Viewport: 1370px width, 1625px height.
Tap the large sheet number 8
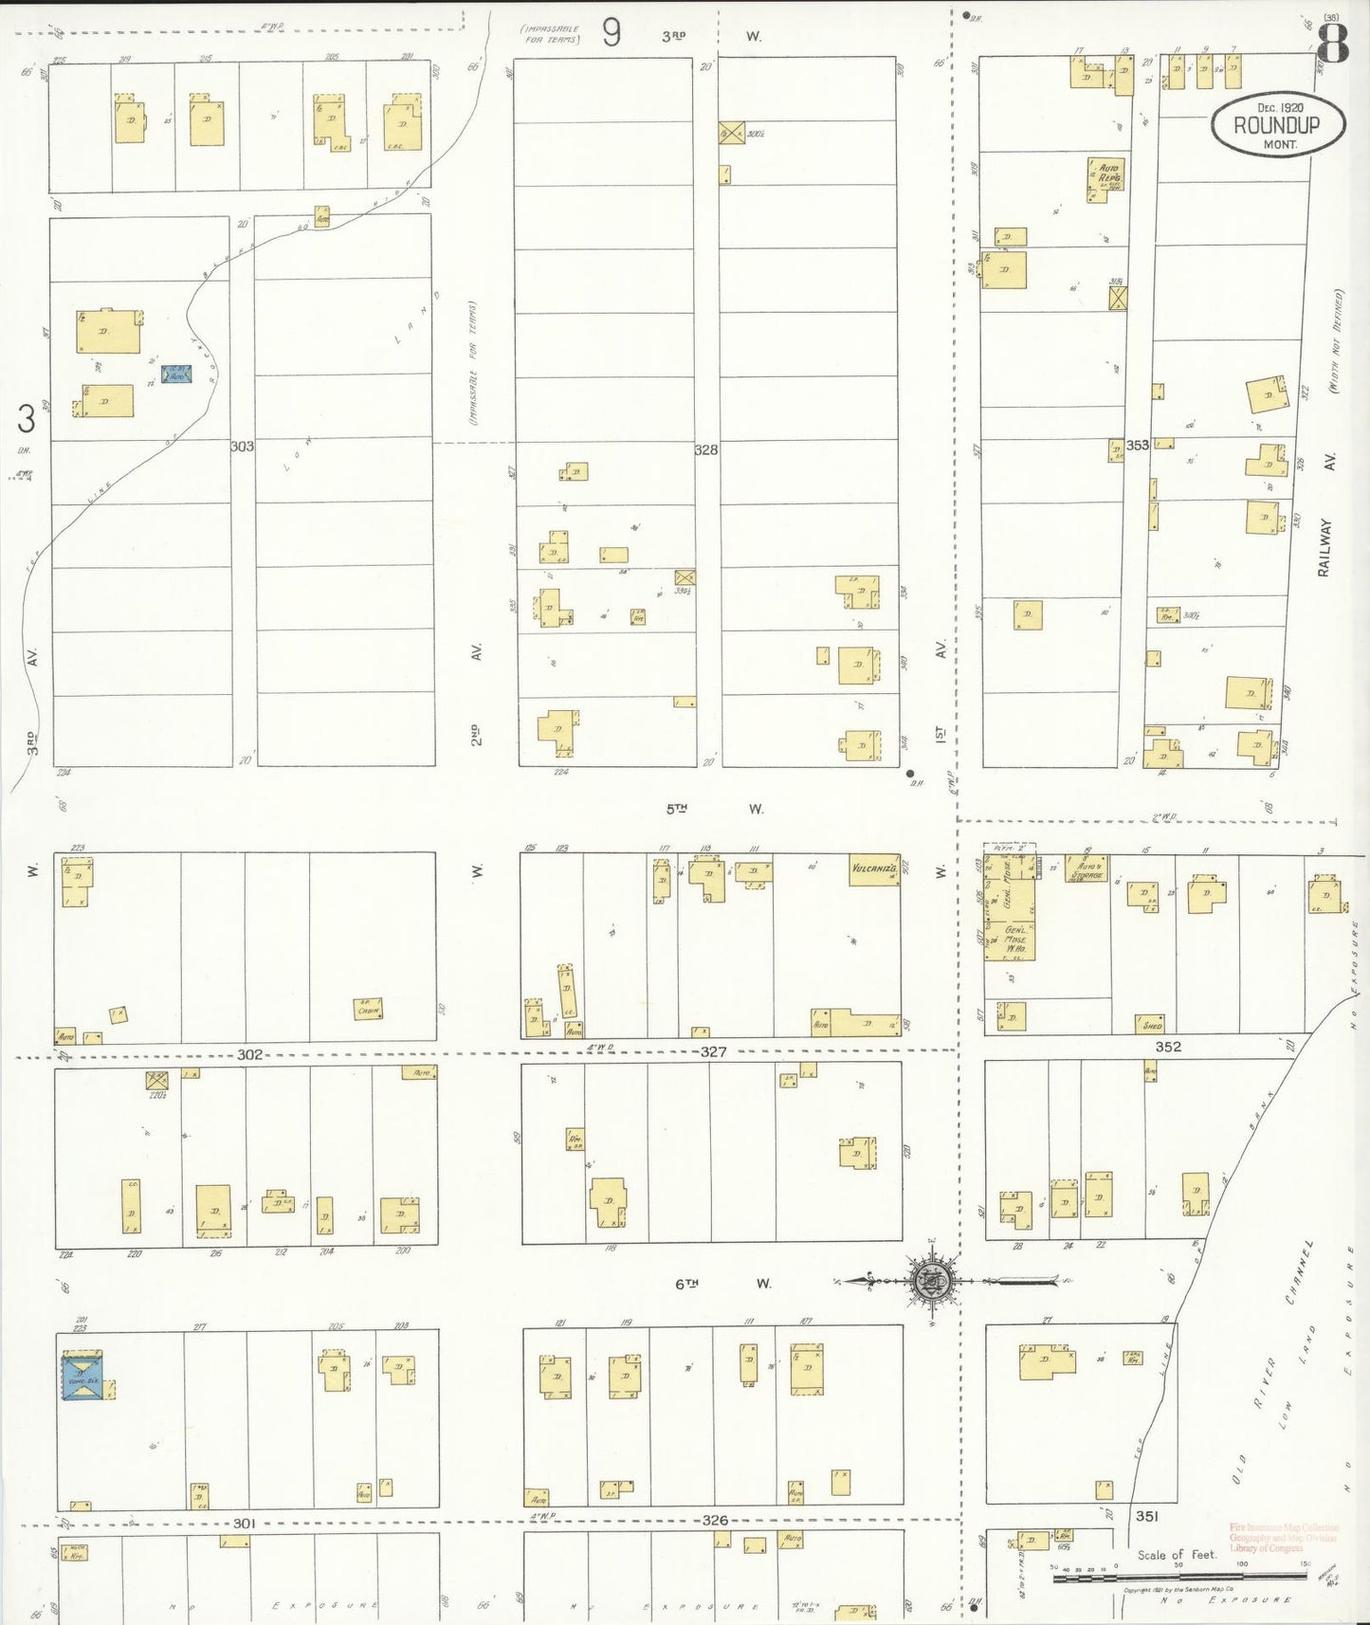tap(1334, 43)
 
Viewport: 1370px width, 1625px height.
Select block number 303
tap(242, 446)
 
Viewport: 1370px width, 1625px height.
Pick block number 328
tap(705, 450)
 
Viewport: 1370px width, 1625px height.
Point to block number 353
tap(1137, 445)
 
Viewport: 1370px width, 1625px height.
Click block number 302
tap(249, 1054)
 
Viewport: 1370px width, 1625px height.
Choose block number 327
tap(713, 1051)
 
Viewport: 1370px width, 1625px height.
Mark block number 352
tap(1168, 1047)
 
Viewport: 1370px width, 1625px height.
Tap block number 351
tap(1147, 1516)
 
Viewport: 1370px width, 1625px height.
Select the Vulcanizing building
tap(873, 869)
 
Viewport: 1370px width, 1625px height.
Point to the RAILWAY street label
tap(1324, 547)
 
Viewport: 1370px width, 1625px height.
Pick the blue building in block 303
tap(176, 374)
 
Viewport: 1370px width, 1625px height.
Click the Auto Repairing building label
tap(1106, 177)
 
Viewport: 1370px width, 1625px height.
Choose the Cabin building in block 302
tap(367, 1009)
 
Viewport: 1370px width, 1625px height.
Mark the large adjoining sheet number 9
tap(612, 33)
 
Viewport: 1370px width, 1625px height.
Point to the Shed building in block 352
tap(1151, 1025)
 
